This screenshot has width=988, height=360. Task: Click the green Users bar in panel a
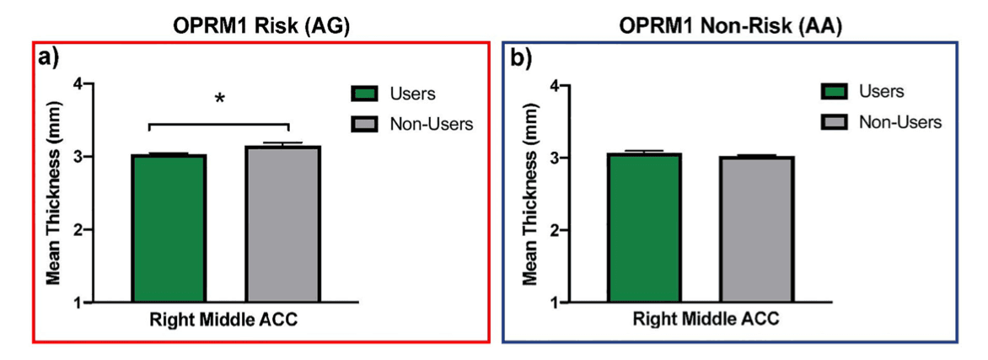pyautogui.click(x=169, y=228)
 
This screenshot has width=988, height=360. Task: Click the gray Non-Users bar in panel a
pyautogui.click(x=283, y=223)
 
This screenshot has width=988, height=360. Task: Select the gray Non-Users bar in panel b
pyautogui.click(x=757, y=229)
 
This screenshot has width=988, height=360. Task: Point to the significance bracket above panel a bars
pyautogui.click(x=219, y=125)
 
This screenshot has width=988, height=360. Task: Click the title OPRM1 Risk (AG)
pyautogui.click(x=261, y=25)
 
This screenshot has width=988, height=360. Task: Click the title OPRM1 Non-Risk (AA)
pyautogui.click(x=730, y=25)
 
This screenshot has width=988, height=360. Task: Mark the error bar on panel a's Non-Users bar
pyautogui.click(x=283, y=143)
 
